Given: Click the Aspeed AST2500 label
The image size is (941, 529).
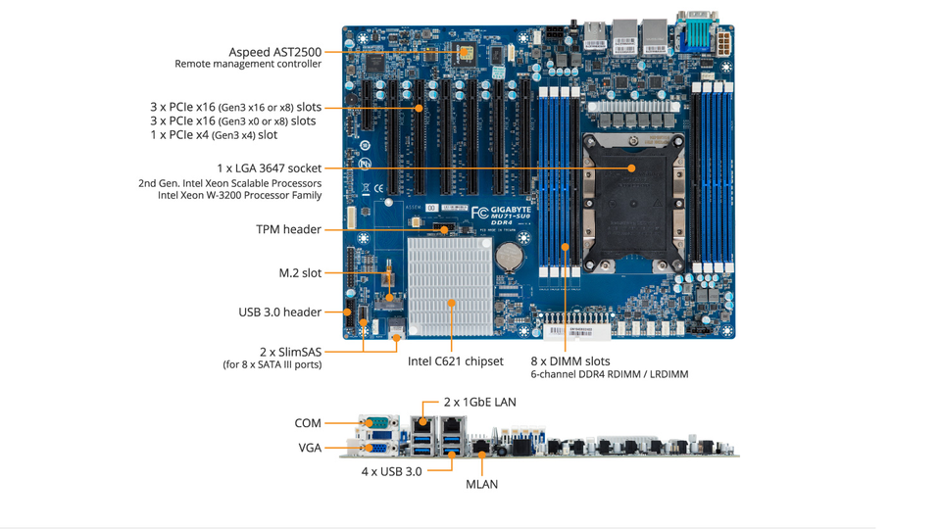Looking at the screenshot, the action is pos(274,52).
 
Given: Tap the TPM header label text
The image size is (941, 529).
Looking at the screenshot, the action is pos(288,229).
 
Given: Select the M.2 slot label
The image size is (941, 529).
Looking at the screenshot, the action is pos(300,273).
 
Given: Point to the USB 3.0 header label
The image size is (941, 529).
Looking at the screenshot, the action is pos(279,312).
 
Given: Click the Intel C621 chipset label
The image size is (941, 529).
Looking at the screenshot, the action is pos(456,361).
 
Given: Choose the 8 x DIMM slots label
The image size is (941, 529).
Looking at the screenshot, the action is pos(570,361).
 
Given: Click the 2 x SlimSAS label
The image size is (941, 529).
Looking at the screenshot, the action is pos(290,352).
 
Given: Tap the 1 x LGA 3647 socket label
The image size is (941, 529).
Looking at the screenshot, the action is pos(269,168).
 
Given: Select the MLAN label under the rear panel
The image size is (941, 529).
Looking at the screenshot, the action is pos(482,484).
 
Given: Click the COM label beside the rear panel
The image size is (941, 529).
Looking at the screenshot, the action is pos(308,423).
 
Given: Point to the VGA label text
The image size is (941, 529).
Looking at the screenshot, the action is pos(310,448).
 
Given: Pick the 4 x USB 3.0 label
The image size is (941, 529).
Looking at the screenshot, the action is pos(391,471).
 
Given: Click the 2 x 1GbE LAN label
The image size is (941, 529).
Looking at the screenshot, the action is pos(480,402).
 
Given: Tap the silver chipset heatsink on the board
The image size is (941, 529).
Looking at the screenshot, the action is pos(450,287).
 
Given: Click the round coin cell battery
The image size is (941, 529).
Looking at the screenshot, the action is pos(509,256).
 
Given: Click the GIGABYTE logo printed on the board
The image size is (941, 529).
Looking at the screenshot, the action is pos(511,210).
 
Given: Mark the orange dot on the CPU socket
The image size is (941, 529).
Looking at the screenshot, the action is pos(631,168).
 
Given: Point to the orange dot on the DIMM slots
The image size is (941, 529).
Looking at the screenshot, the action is pos(566,247).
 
